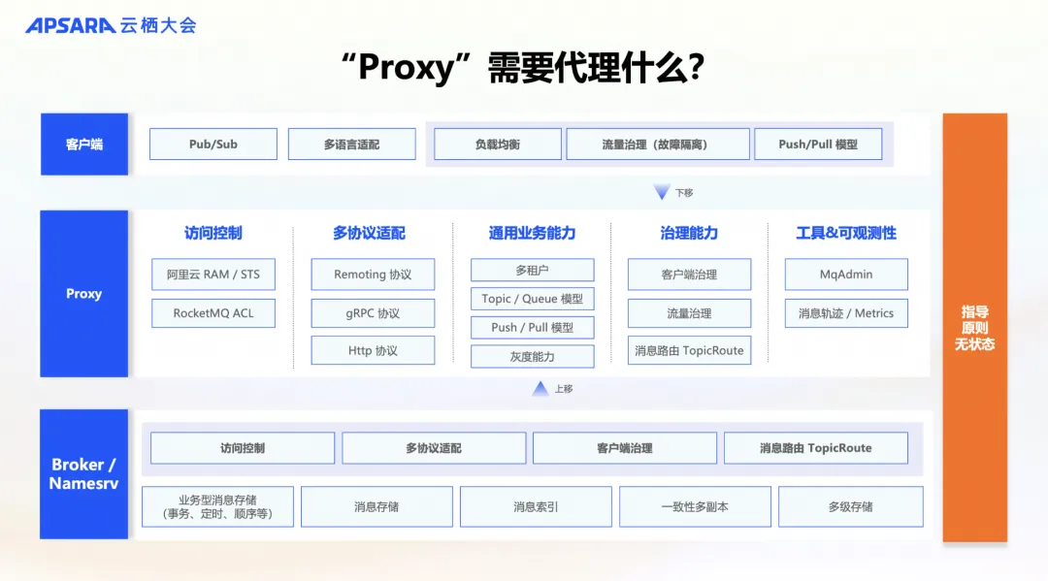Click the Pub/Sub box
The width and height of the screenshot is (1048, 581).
point(213,145)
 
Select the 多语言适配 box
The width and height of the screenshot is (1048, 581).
point(351,145)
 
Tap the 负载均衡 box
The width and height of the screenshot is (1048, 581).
point(497,145)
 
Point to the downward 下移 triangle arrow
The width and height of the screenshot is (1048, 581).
point(662,193)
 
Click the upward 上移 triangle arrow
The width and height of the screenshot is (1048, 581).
point(540,389)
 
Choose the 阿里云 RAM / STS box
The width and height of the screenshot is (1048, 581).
point(213,274)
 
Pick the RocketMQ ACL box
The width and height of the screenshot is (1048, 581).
point(213,313)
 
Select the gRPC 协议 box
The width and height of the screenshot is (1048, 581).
point(373,313)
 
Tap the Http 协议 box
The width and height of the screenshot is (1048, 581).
point(373,351)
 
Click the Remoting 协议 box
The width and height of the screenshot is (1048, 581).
point(373,274)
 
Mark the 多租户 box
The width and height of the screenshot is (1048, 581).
point(532,271)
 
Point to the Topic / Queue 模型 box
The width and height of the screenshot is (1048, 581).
point(532,299)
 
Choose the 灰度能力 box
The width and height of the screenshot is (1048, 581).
point(532,357)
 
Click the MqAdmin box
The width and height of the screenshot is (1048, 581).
point(846,274)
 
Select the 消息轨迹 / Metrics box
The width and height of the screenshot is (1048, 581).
point(846,313)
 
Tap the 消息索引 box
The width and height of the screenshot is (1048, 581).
point(536,506)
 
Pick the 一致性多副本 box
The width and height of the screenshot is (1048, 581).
point(695,506)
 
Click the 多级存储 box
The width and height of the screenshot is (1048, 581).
point(850,506)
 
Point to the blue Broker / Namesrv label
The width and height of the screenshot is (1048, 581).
point(83,474)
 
